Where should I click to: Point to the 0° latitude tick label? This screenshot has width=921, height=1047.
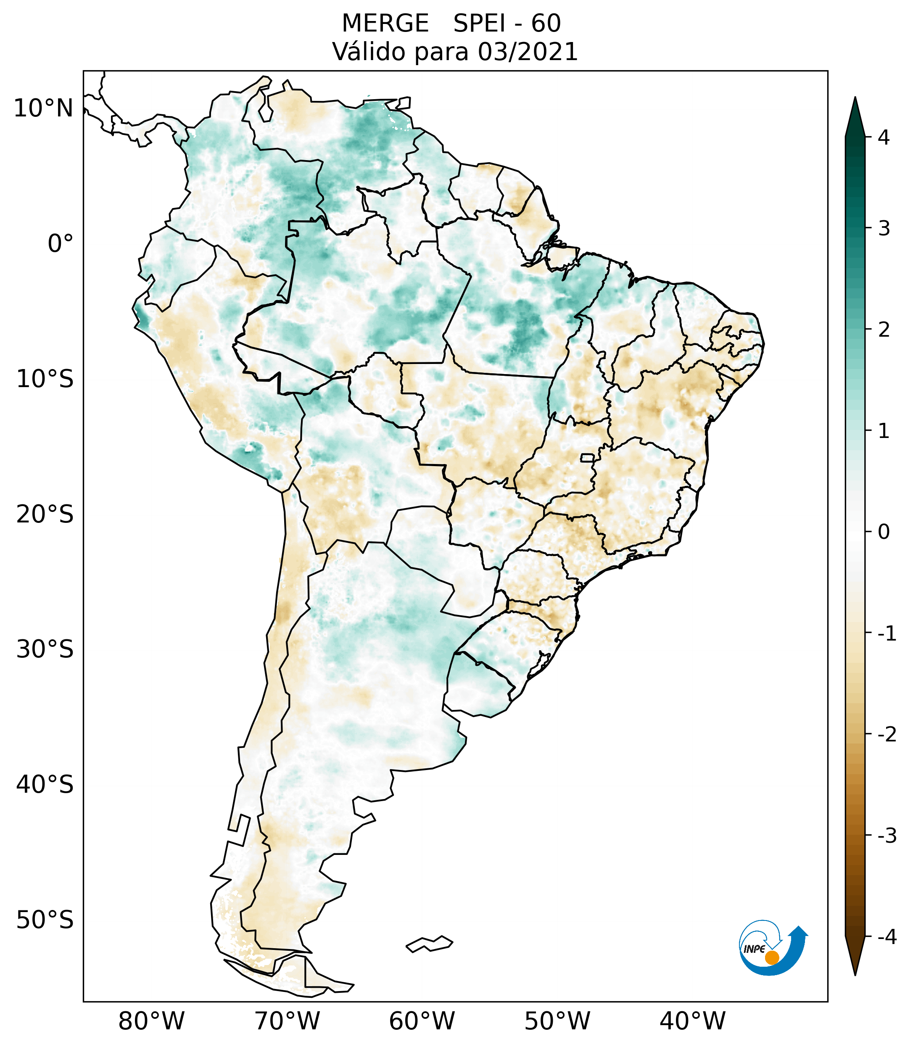tap(60, 244)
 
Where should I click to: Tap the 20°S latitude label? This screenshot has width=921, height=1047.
tap(45, 514)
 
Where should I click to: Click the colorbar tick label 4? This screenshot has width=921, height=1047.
tap(884, 137)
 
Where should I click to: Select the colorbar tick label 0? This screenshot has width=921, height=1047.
tap(884, 532)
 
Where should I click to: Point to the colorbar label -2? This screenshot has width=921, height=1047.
tap(887, 735)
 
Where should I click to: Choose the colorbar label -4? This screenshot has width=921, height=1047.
tap(887, 937)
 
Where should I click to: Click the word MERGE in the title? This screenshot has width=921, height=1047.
tap(385, 24)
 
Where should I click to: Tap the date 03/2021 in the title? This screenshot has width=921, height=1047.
tap(528, 52)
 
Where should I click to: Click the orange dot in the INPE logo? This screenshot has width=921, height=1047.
tap(772, 957)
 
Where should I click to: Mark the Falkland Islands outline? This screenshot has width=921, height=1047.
tap(429, 944)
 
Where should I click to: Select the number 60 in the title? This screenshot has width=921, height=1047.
tap(546, 24)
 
